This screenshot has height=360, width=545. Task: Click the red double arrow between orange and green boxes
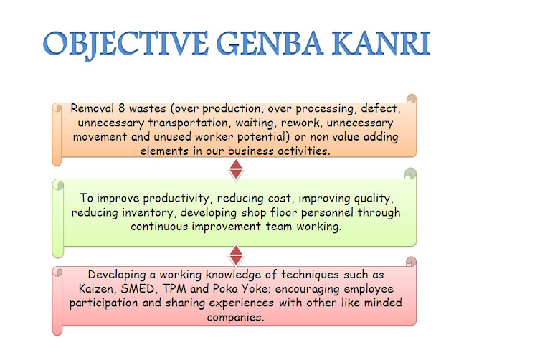[x=235, y=170]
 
